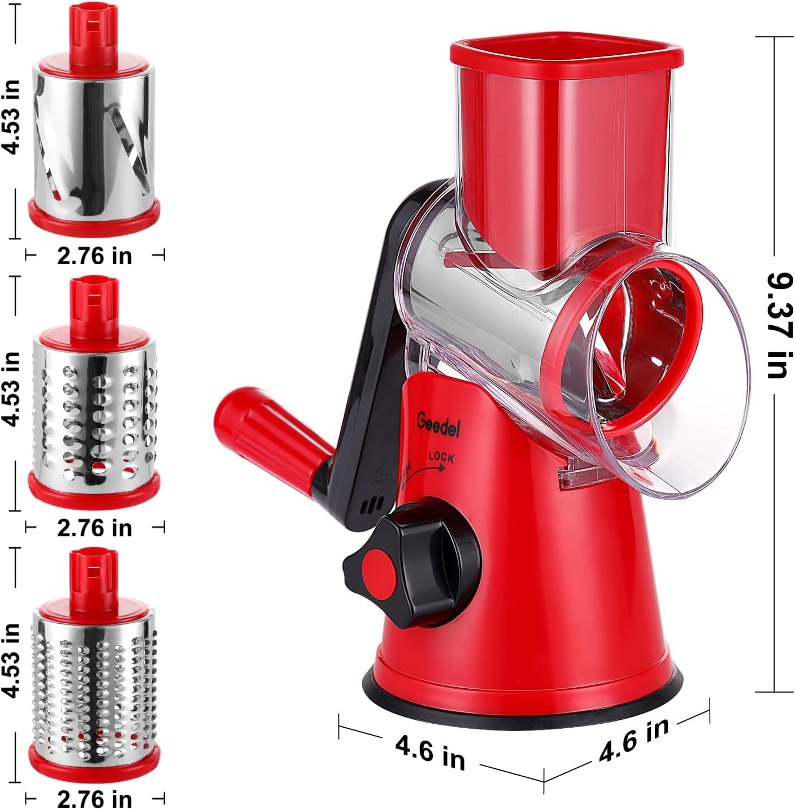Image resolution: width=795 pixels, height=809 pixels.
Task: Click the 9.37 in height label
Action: (x=778, y=326)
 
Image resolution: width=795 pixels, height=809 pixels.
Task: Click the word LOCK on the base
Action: (x=441, y=457)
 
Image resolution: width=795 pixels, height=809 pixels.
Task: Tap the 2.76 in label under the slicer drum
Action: (x=94, y=256)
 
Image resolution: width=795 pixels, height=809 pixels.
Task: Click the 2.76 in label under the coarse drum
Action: (x=94, y=528)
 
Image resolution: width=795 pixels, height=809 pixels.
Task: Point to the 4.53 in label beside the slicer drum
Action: (x=11, y=116)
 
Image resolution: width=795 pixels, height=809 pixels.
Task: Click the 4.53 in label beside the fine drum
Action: (x=11, y=661)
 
